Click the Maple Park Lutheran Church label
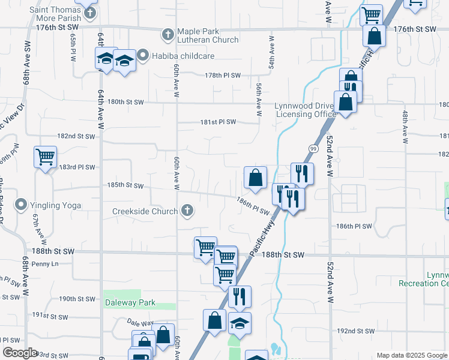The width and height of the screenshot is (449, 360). coord(208,35)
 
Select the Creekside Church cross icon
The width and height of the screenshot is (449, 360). coord(187,211)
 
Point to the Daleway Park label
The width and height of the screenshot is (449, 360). coord(130,303)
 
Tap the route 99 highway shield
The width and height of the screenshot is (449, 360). coord(313,148)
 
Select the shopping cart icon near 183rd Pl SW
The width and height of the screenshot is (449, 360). coord(46,157)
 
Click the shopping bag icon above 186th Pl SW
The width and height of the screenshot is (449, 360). coord(255,178)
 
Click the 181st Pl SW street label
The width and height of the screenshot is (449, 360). coord(218,122)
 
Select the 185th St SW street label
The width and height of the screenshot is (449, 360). coord(125,186)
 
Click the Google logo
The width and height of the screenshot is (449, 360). coord(20,353)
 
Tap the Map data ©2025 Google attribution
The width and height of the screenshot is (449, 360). coord(411,356)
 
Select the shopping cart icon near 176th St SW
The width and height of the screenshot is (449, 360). coord(372,14)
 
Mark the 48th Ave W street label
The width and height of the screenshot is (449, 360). coord(406,122)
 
